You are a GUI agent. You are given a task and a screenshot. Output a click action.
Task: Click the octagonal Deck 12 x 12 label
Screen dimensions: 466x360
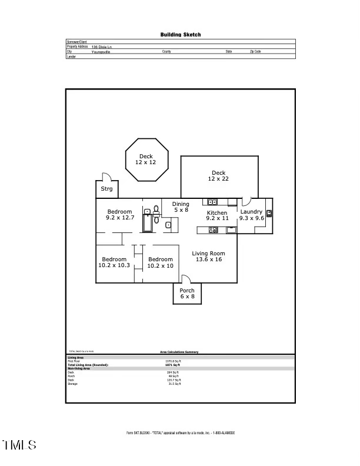click(146, 159)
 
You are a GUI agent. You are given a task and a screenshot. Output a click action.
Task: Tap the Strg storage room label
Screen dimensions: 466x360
click(106, 189)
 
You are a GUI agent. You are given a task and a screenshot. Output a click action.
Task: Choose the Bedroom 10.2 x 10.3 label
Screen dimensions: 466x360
click(114, 262)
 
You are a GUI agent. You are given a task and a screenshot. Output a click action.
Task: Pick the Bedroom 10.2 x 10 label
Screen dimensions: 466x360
click(160, 262)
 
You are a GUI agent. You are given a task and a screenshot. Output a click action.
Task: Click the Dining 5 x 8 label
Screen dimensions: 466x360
click(181, 207)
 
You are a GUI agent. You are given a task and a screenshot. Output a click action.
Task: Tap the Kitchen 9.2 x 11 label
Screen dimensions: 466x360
click(216, 215)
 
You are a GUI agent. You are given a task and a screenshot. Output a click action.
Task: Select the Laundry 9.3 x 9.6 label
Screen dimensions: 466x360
click(251, 215)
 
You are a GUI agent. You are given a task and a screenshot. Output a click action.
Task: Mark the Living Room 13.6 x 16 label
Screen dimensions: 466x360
click(209, 257)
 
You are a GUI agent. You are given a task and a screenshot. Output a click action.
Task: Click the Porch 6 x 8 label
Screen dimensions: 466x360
click(187, 294)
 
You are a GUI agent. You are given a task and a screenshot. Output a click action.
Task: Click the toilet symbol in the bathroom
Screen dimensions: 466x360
click(156, 211)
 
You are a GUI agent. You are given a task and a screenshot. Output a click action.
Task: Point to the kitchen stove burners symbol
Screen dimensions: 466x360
click(213, 229)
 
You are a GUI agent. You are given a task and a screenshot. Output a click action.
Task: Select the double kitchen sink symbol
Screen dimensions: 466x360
click(213, 202)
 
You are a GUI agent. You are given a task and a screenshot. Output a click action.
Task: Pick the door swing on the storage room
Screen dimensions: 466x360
click(106, 176)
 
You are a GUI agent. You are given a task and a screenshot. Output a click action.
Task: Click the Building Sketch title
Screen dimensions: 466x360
click(181, 35)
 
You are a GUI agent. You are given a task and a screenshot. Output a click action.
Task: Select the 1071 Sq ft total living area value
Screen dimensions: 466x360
click(173, 365)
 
